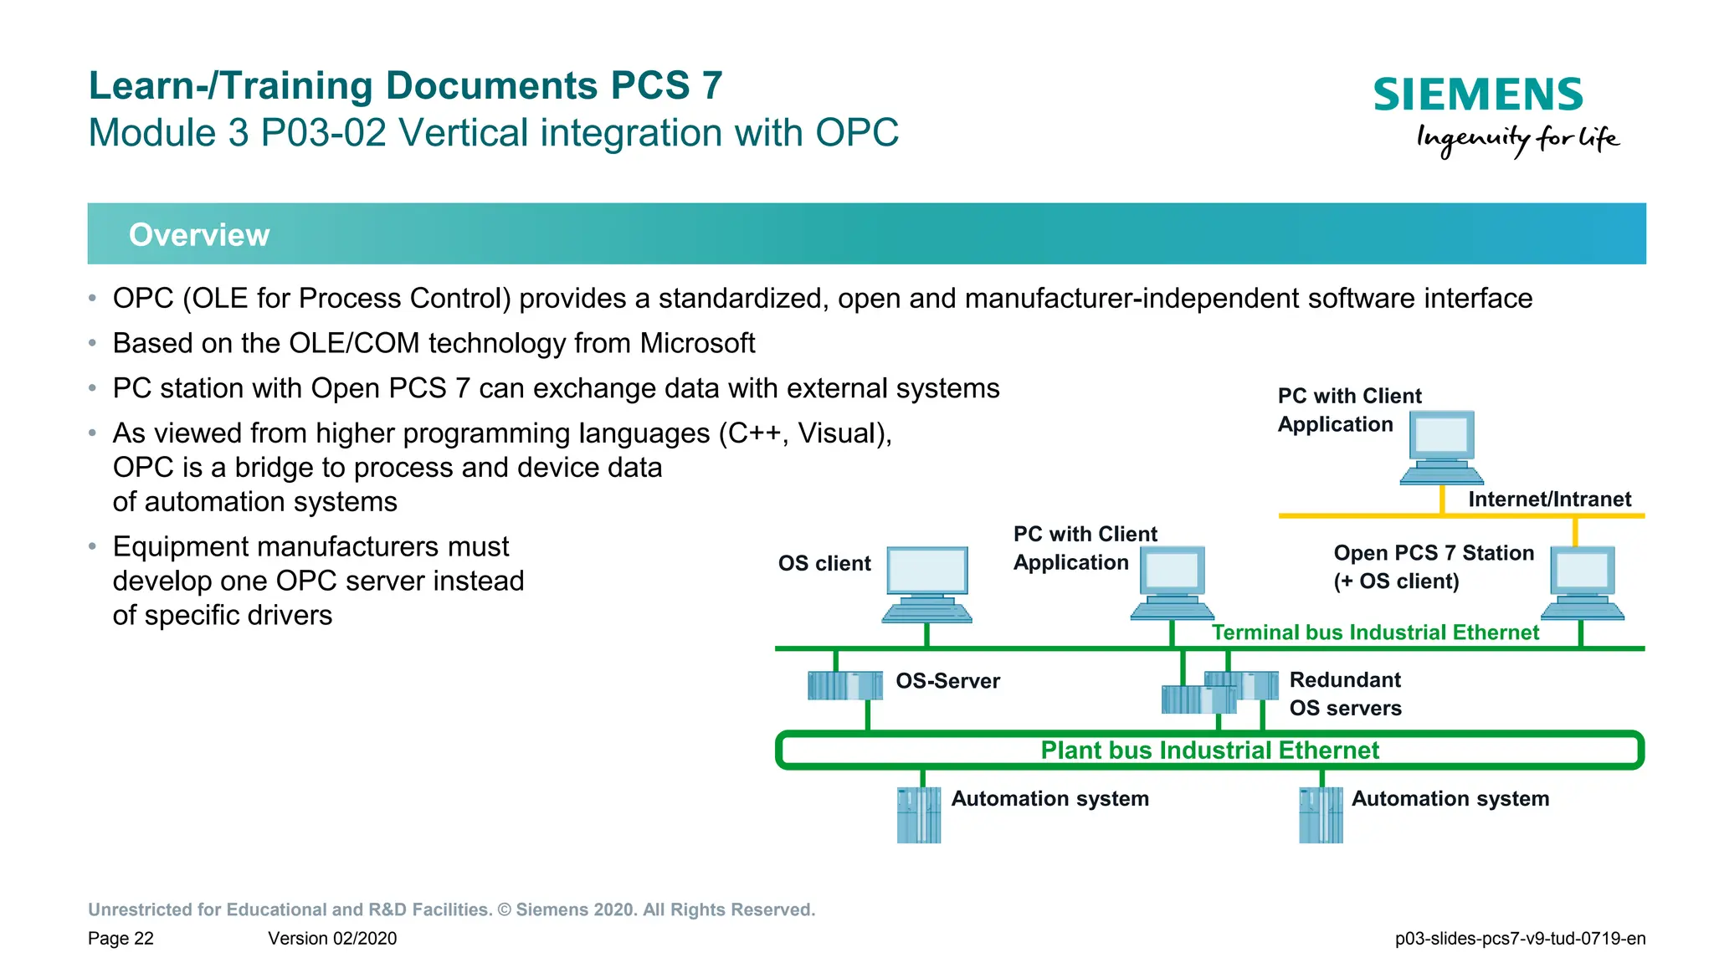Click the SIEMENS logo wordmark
1477,95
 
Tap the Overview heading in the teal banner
199,235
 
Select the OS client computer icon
926,584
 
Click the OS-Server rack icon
844,685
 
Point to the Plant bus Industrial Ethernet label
1209,750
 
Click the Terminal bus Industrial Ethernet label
1375,633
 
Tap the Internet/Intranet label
1549,499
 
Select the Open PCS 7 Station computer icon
1582,583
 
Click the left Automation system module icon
919,815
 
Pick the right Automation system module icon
1321,815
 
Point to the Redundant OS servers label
1345,694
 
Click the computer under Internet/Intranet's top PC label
1441,447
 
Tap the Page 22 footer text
121,939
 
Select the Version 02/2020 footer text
332,939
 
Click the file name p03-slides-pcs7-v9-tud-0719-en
1520,939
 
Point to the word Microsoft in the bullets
697,344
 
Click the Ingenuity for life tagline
1517,139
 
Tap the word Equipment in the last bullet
179,547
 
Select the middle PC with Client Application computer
1172,583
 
